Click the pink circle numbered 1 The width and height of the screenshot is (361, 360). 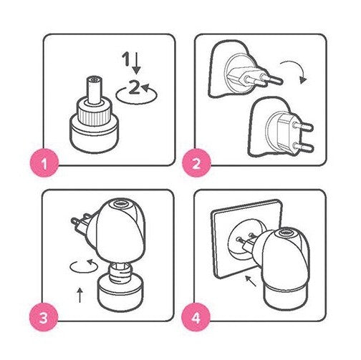44,163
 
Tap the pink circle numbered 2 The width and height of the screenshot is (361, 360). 196,163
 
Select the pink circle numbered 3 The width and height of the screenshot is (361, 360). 44,318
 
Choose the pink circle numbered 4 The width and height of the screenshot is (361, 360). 196,317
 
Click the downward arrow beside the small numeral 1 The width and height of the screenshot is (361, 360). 137,63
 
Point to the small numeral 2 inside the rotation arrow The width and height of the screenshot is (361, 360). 134,87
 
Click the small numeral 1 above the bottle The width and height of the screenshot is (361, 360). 125,59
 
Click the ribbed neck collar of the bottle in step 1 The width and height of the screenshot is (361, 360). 94,113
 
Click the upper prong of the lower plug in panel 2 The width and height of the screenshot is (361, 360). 302,127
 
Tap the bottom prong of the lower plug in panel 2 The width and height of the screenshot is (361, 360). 302,147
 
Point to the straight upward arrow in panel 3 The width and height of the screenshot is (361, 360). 80,295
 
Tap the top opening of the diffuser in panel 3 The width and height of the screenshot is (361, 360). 120,204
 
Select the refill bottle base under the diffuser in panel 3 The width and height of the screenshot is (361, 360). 120,293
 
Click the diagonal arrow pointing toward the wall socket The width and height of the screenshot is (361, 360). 251,281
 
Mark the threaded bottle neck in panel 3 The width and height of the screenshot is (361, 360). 120,270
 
